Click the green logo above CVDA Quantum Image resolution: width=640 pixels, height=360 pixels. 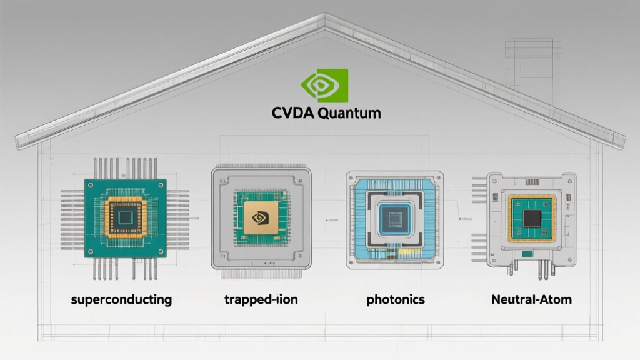pos(324,85)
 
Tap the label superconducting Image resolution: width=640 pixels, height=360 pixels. pos(121,299)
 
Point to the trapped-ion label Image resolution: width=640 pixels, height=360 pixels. pos(261,299)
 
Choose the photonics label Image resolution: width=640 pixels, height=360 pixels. pos(396,299)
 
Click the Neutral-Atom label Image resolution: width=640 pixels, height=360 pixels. pos(531,299)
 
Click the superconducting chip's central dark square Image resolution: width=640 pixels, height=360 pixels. pos(126,217)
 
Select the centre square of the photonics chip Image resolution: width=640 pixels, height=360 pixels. pos(394,218)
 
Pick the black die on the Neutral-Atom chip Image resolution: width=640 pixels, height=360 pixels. pos(532,217)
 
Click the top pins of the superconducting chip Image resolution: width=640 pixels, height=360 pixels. pos(125,167)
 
